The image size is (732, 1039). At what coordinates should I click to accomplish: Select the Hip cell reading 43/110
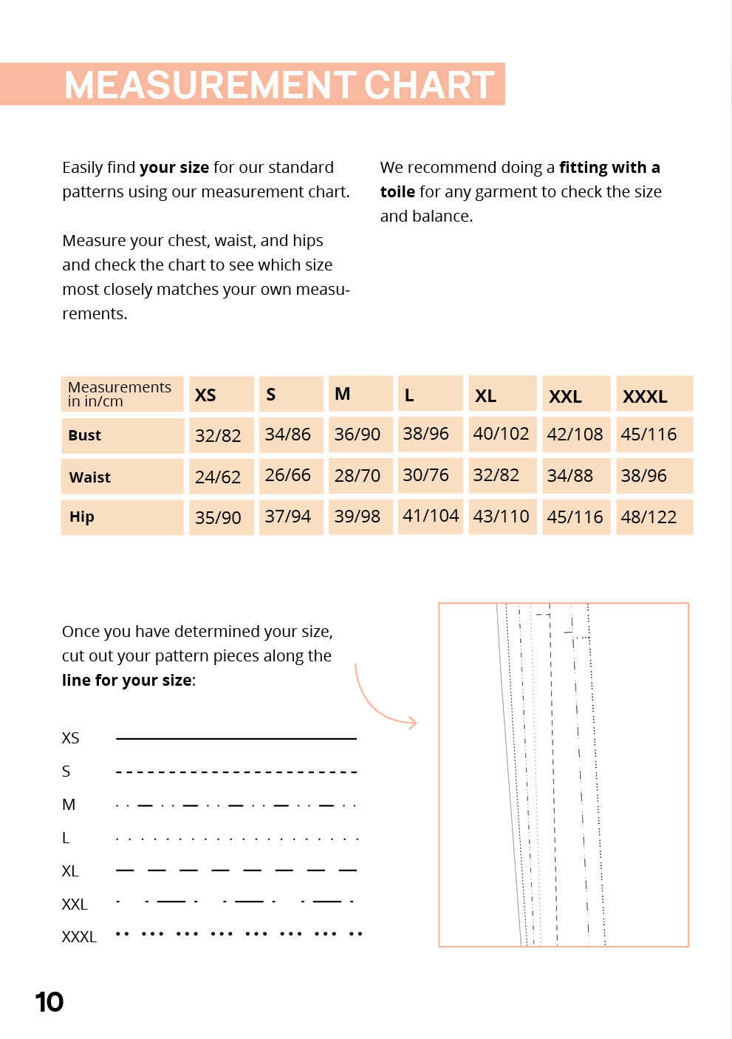[502, 516]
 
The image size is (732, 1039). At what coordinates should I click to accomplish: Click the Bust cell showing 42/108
[575, 435]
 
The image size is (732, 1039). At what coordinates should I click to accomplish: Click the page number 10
[49, 1002]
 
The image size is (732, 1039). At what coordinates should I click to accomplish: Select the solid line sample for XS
[236, 738]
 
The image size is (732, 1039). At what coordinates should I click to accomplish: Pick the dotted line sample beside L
[236, 839]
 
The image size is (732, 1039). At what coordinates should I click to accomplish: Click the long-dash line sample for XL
[236, 871]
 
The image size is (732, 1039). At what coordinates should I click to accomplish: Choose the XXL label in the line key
[75, 905]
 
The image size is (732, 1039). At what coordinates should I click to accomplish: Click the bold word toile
[397, 192]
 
